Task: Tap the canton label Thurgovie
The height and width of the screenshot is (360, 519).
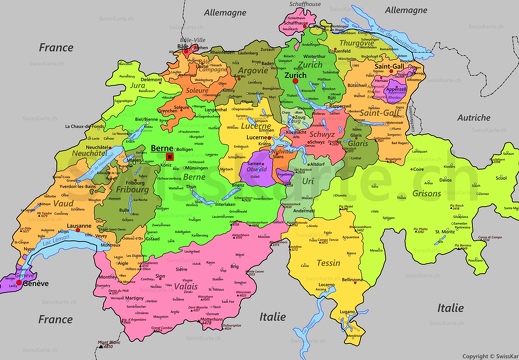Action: [357, 43]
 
